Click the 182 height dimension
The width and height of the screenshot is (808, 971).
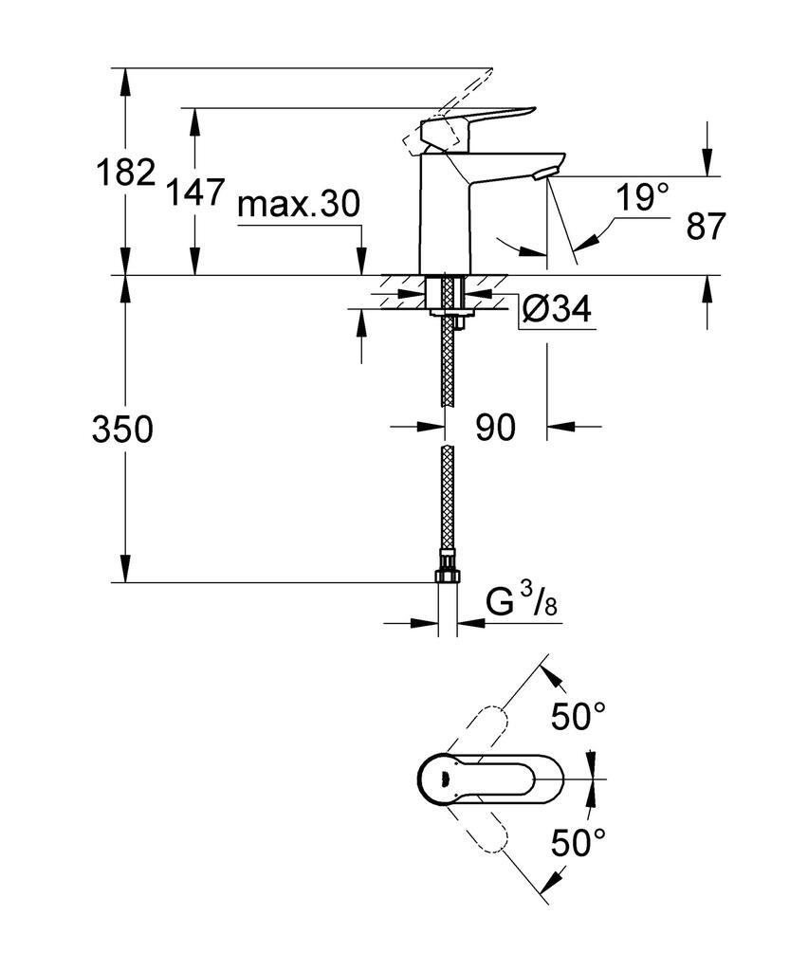tap(124, 173)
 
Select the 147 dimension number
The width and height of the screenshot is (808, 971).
tap(195, 193)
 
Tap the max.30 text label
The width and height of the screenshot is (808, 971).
tap(299, 205)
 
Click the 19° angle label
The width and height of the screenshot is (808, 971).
tap(642, 198)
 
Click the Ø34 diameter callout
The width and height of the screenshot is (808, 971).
tap(557, 309)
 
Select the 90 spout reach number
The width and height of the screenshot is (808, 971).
tap(495, 428)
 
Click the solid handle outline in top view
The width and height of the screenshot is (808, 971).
tap(488, 780)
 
